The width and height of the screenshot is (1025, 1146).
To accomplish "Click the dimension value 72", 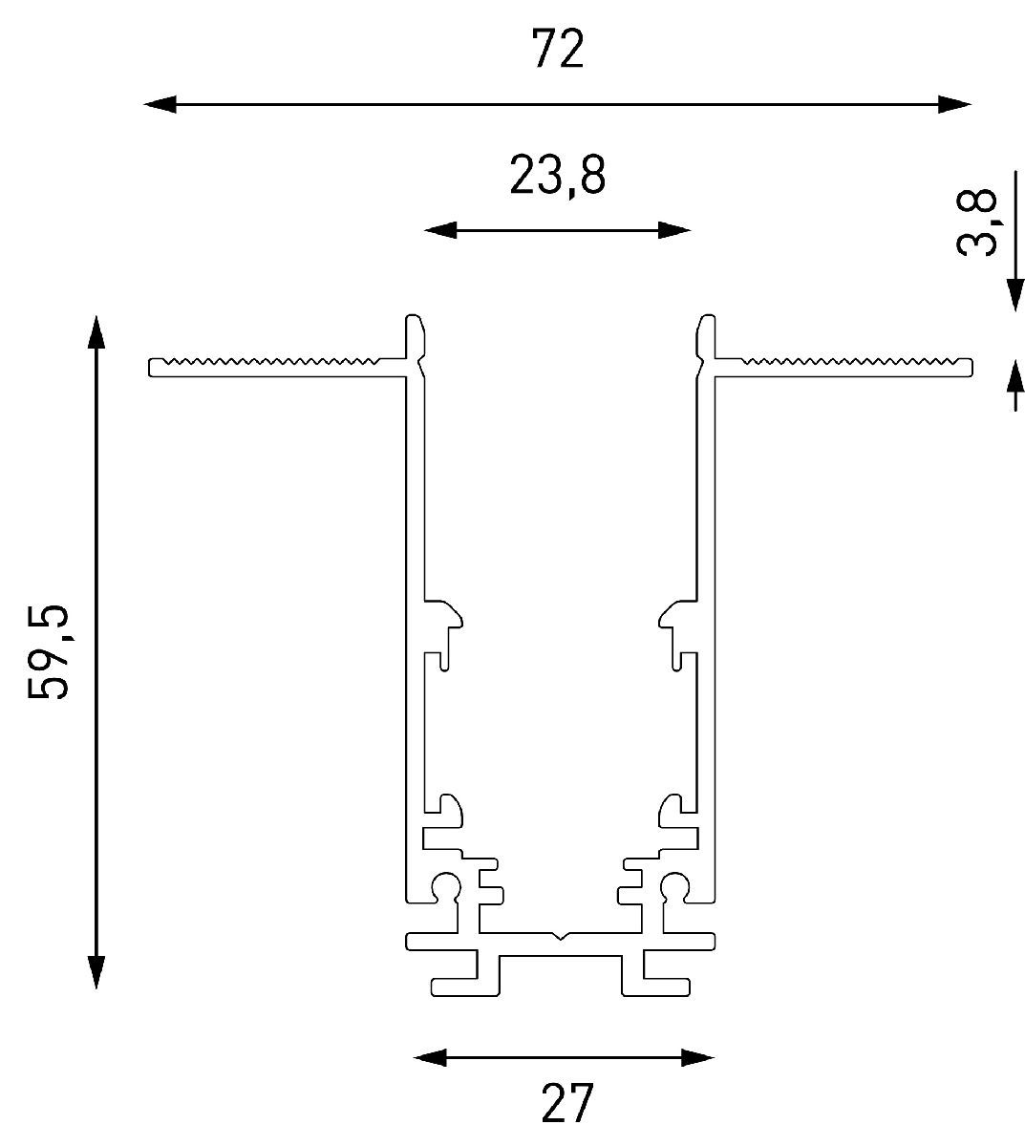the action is (558, 50).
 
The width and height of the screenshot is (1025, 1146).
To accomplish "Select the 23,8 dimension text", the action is (558, 176).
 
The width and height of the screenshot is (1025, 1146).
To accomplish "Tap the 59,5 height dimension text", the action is (48, 651).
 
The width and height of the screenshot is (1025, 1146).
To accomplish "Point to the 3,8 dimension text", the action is (976, 223).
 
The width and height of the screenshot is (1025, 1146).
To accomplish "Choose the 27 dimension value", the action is (567, 1102).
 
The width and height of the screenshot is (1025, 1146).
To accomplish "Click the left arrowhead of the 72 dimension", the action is (160, 104).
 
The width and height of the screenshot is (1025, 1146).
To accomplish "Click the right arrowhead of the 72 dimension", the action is (955, 104).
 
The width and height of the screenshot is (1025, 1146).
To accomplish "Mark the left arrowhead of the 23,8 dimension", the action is (440, 230).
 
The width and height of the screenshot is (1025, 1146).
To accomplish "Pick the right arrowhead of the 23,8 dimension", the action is (674, 230).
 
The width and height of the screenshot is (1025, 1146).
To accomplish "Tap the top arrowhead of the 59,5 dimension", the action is (96, 331).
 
